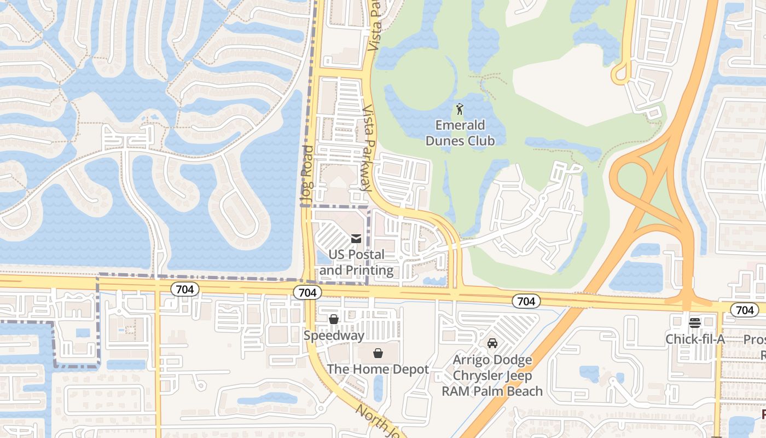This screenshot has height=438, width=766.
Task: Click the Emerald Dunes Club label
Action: point(460,133)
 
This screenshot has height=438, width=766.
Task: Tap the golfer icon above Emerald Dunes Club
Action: point(460,109)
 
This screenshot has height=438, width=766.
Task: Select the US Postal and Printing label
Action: point(357,262)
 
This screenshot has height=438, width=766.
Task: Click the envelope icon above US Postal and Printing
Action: point(356,238)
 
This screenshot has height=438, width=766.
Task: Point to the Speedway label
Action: point(334,336)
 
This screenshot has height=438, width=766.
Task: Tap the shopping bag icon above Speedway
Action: point(334,319)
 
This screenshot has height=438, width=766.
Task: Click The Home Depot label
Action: point(378,370)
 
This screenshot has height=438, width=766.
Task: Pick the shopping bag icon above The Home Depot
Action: point(378,353)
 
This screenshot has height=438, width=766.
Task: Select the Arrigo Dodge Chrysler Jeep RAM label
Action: point(492,376)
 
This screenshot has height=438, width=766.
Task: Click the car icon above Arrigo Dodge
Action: point(492,343)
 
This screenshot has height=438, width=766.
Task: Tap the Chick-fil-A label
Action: point(695,339)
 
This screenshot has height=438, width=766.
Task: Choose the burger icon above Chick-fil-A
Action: point(695,322)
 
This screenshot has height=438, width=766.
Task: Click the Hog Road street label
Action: point(307,175)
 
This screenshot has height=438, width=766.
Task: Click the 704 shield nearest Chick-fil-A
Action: point(745,310)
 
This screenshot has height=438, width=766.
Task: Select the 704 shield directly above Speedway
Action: point(307,293)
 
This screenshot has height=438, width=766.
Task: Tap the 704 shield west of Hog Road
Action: point(185,289)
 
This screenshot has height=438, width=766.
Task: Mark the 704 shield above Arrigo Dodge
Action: point(526,301)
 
